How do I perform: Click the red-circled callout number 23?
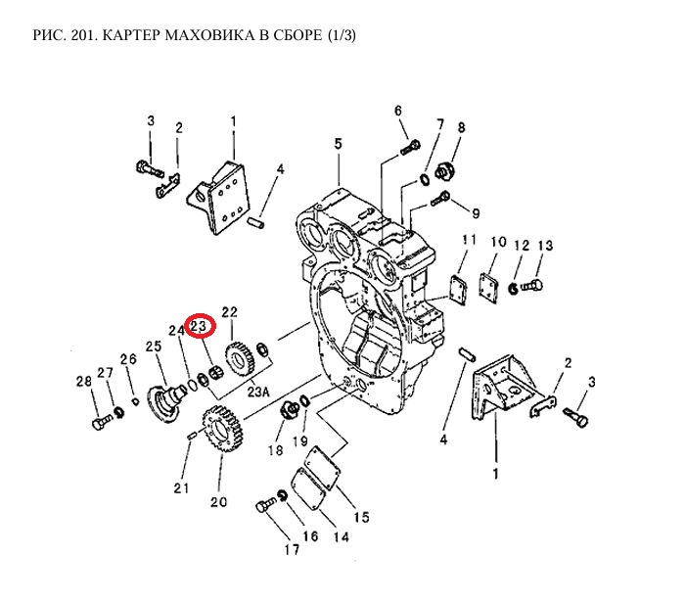[x=200, y=325]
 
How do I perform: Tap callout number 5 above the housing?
[x=338, y=145]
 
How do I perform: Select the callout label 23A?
[x=258, y=392]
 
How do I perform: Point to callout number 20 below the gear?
[x=217, y=502]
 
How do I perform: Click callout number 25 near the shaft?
[x=153, y=347]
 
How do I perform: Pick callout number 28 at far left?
[x=85, y=382]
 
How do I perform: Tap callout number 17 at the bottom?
[x=292, y=550]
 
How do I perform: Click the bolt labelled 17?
[x=263, y=507]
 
